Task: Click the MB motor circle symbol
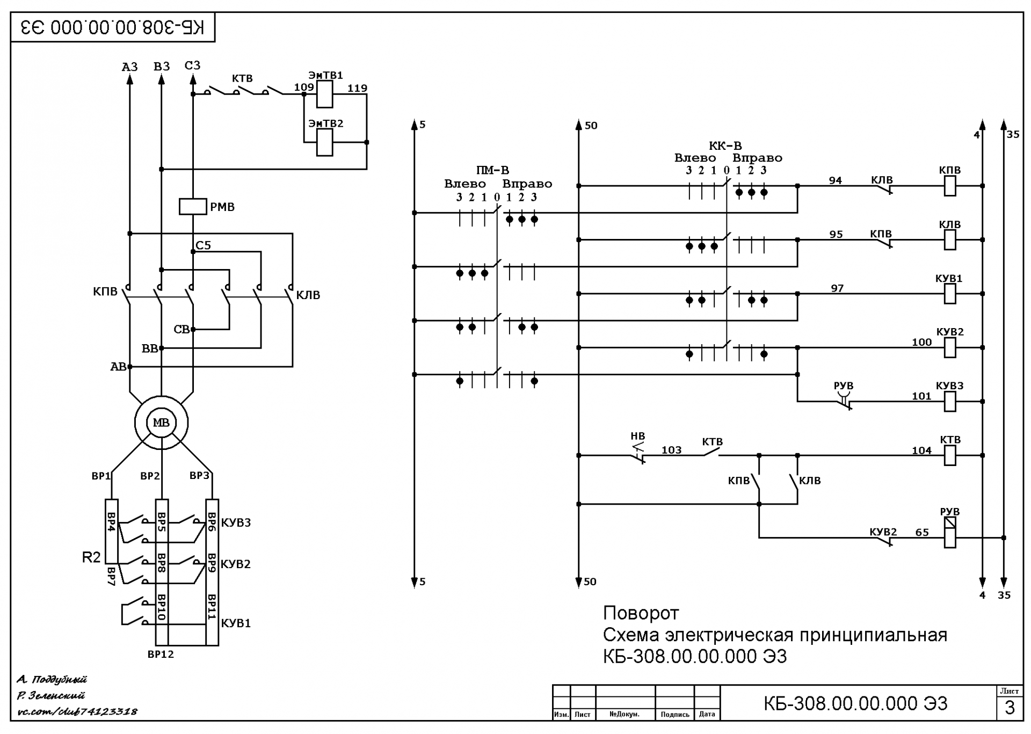[x=161, y=423]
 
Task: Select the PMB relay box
[x=192, y=207]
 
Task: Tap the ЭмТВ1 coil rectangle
[x=324, y=95]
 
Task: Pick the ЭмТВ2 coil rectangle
[x=324, y=143]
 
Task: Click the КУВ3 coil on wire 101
[x=950, y=402]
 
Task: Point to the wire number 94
[x=835, y=180]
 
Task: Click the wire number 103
[x=671, y=450]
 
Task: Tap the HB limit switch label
[x=637, y=436]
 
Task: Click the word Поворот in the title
[x=641, y=613]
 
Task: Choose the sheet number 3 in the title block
[x=1010, y=708]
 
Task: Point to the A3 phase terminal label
[x=129, y=67]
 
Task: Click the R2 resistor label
[x=91, y=557]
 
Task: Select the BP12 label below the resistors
[x=161, y=655]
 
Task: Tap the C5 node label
[x=203, y=245]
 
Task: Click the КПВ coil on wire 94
[x=950, y=186]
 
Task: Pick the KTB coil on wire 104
[x=950, y=455]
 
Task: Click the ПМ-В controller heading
[x=492, y=170]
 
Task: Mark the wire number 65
[x=922, y=533]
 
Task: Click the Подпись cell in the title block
[x=675, y=715]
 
